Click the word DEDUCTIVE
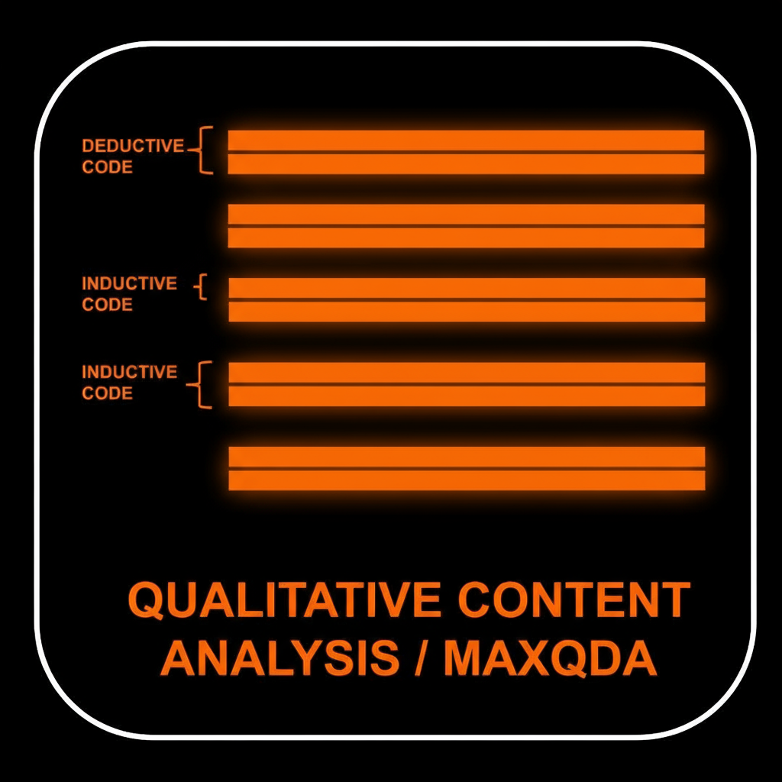pos(133,146)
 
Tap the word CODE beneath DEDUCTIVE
pos(107,167)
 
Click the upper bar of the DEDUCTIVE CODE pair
pos(466,140)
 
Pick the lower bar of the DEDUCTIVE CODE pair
pos(466,164)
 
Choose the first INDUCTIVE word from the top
pos(129,283)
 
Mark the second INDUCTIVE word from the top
pos(129,372)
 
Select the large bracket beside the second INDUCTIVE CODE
pos(202,384)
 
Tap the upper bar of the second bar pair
pos(466,214)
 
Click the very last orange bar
pos(466,480)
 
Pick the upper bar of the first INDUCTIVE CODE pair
pos(466,287)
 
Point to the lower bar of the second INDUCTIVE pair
pos(466,396)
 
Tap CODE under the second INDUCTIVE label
pos(107,393)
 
